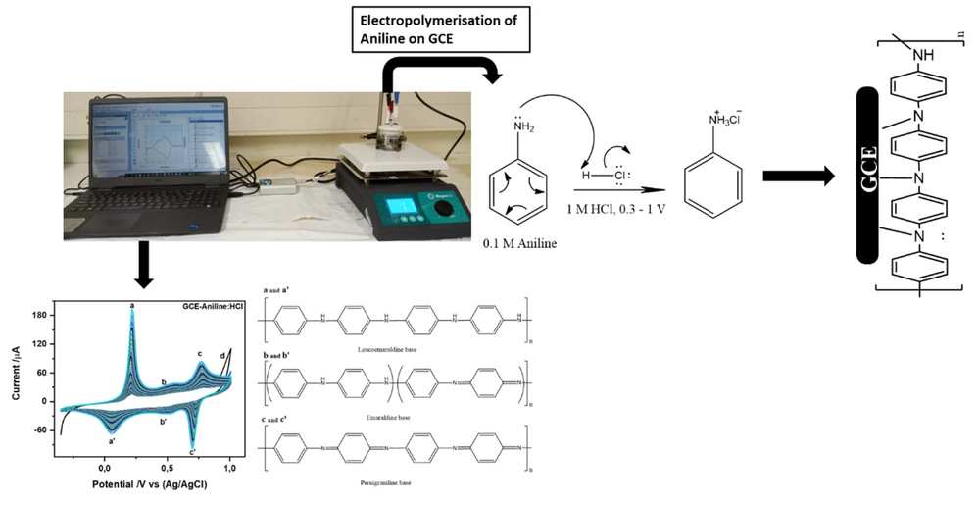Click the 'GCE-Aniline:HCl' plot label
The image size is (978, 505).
coord(199,306)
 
